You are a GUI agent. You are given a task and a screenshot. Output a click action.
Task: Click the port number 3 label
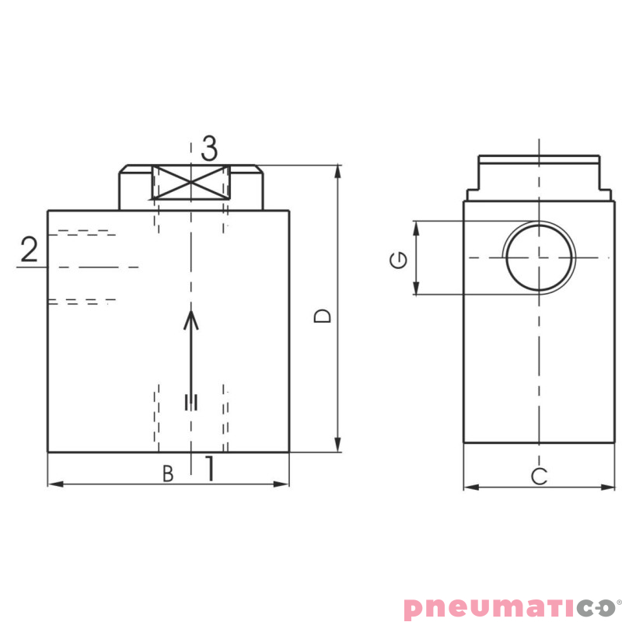(x=209, y=147)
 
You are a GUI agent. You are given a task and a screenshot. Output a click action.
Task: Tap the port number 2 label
(x=29, y=250)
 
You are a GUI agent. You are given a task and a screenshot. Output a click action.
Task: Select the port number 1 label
(x=209, y=469)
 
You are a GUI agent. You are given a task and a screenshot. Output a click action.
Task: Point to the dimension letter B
(x=168, y=473)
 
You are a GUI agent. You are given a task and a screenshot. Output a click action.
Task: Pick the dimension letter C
(x=539, y=477)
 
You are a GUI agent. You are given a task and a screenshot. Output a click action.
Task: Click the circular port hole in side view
(x=540, y=257)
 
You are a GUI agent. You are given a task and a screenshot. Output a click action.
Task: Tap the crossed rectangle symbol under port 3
(x=190, y=183)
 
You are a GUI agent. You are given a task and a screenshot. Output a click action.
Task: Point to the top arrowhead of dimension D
(x=338, y=170)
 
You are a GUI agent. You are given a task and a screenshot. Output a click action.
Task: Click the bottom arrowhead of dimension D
(x=338, y=446)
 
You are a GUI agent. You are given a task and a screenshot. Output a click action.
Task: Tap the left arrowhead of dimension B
(x=54, y=484)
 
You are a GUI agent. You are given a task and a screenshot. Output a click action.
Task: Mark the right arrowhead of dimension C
(x=610, y=487)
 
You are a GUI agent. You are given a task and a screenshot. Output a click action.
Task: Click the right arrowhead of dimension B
(x=284, y=484)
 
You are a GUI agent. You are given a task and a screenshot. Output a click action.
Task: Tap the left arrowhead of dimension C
(x=469, y=487)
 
